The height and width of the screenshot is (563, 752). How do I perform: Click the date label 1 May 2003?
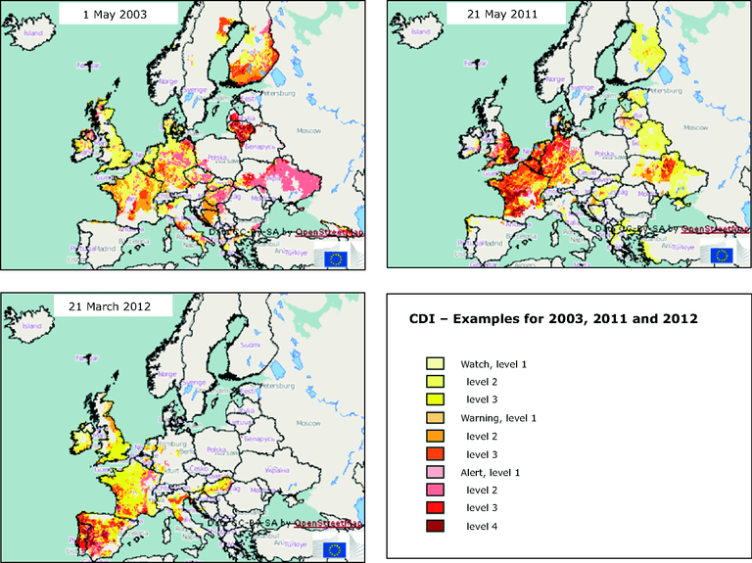pyautogui.click(x=117, y=15)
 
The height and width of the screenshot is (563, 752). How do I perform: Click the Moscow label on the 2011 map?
pyautogui.click(x=695, y=127)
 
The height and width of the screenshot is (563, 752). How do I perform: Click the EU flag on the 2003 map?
pyautogui.click(x=336, y=258)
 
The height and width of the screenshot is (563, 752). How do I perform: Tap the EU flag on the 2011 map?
pyautogui.click(x=722, y=256)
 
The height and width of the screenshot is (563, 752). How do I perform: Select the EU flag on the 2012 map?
pyautogui.click(x=336, y=548)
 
